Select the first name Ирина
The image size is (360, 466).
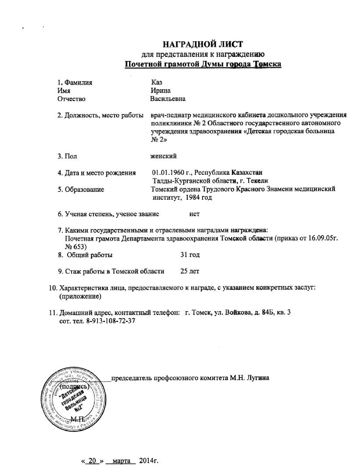click(x=161, y=90)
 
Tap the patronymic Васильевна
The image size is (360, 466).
click(x=168, y=99)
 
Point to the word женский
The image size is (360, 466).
click(x=164, y=156)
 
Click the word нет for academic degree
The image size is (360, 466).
click(x=194, y=214)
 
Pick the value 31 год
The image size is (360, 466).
click(x=190, y=255)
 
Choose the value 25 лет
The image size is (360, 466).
click(x=190, y=271)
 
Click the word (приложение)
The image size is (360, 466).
click(x=80, y=296)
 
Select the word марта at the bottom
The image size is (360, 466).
click(x=121, y=461)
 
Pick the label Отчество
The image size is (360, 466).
click(x=71, y=99)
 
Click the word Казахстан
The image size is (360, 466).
click(x=247, y=173)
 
